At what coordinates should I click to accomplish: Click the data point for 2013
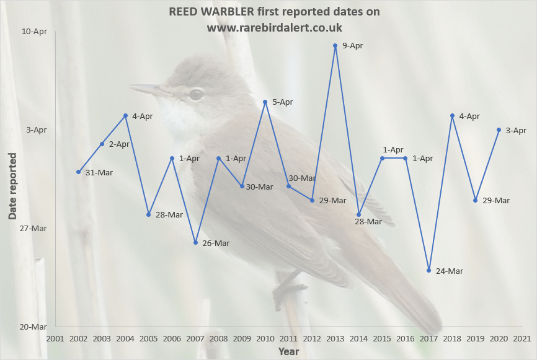coord(335,45)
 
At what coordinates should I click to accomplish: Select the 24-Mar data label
coord(449,271)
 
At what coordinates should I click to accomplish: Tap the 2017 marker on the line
coord(428,270)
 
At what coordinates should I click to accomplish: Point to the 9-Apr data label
coord(352,46)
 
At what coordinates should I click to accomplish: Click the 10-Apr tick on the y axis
coord(35,31)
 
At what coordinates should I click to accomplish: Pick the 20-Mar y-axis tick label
coord(33,327)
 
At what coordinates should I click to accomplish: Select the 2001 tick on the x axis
coord(55,339)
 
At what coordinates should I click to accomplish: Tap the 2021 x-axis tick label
coord(521,339)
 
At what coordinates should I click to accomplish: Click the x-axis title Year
coord(288,351)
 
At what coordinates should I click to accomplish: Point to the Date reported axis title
coord(12,185)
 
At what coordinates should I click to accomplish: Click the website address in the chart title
coord(275,28)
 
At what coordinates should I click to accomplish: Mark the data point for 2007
coord(195,242)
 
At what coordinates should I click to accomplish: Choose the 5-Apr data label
coord(282,102)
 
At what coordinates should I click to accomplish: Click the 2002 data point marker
coord(79,172)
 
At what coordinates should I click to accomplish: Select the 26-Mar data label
coord(216,244)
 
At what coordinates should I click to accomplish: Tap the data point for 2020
coord(499,130)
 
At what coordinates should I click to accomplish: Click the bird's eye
coord(197,94)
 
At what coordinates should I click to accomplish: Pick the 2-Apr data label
coord(119,144)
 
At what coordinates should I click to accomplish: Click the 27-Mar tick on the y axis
coord(33,228)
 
